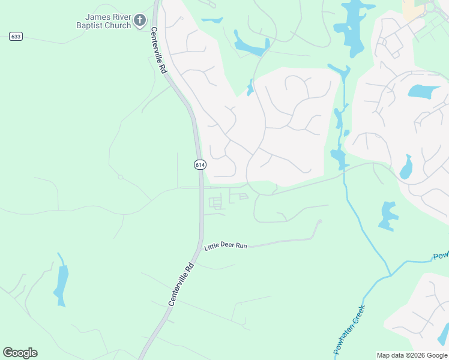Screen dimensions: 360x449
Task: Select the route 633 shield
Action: [x=16, y=37]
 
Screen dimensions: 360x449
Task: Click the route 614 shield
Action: [x=200, y=164]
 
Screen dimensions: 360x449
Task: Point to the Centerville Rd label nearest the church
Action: [x=158, y=50]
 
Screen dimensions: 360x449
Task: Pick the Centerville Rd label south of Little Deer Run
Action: [x=181, y=284]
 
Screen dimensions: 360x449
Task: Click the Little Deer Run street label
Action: [x=226, y=246]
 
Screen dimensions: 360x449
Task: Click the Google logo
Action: [x=20, y=353]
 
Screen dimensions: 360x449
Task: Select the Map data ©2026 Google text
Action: [x=412, y=355]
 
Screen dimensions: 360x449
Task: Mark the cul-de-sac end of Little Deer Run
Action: [x=319, y=221]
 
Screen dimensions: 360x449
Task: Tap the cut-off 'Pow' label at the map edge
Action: [x=441, y=256]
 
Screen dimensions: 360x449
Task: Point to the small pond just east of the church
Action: [x=211, y=20]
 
